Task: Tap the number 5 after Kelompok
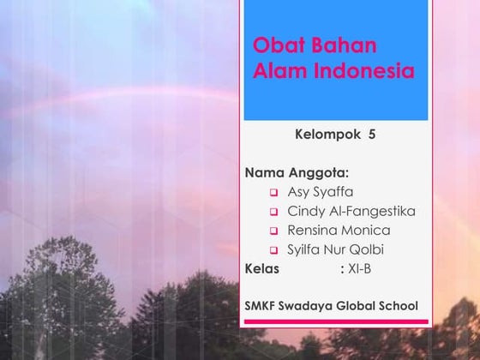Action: [x=372, y=135]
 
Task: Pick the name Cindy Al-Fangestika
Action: [x=351, y=211]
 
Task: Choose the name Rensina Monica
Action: [x=339, y=231]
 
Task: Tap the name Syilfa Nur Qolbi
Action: [x=336, y=249]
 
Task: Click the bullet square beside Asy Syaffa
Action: [x=274, y=193]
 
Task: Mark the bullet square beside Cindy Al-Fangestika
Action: [x=274, y=212]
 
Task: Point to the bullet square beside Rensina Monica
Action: [x=274, y=231]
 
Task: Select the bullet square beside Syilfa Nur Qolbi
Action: [x=274, y=250]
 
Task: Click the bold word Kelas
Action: [x=262, y=269]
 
